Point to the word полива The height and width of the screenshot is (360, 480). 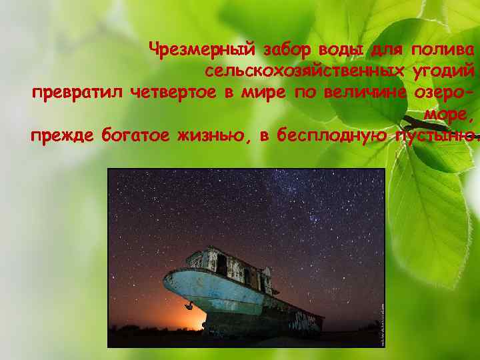point(443,49)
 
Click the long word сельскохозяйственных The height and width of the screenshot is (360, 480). point(303,70)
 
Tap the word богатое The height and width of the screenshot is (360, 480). point(134,136)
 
